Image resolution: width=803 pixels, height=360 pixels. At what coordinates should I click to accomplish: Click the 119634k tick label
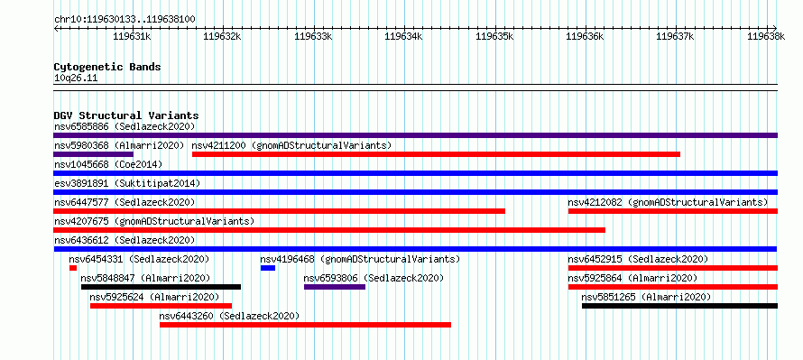[x=403, y=36]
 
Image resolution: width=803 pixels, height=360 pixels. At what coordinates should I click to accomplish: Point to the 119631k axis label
[x=132, y=36]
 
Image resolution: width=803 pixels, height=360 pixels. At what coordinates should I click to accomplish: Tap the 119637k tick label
[x=675, y=36]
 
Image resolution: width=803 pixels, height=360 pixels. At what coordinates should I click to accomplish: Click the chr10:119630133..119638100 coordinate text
[x=125, y=20]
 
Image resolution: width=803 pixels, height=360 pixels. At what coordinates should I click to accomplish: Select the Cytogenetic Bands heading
[x=107, y=67]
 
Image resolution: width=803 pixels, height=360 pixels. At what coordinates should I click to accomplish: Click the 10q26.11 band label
[x=76, y=78]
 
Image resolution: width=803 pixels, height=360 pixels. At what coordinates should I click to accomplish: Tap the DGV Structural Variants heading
[x=126, y=115]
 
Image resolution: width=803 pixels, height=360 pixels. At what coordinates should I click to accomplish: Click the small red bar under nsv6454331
[x=73, y=268]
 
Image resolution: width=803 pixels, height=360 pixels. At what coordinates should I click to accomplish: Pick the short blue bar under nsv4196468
[x=268, y=268]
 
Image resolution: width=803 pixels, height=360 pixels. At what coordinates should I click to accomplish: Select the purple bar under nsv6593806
[x=335, y=287]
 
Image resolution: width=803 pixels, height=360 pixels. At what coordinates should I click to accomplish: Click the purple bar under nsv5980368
[x=93, y=154]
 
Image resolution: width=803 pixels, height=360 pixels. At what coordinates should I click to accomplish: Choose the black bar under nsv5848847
[x=161, y=287]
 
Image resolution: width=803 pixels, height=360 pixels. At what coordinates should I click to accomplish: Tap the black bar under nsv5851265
[x=679, y=306]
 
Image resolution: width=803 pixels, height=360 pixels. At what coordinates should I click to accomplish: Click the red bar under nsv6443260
[x=305, y=325]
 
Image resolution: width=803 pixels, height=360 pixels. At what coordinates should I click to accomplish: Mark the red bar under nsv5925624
[x=161, y=306]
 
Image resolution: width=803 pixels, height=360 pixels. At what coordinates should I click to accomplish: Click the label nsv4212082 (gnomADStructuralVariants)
[x=668, y=202]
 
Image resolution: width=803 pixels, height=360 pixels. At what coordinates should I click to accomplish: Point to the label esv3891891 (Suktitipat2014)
[x=127, y=183]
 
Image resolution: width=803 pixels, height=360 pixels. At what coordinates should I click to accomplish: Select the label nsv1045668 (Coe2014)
[x=108, y=164]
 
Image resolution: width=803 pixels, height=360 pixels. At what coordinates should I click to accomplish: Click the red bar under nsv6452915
[x=673, y=268]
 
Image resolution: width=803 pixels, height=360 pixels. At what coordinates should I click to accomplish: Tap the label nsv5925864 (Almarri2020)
[x=632, y=278]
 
